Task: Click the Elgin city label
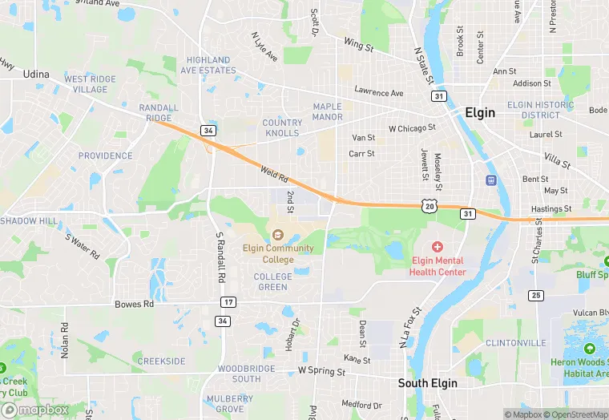pos(480,113)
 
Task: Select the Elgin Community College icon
pos(278,234)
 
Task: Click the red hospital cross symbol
pos(438,247)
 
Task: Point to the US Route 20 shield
pos(430,207)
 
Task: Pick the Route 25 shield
pos(534,296)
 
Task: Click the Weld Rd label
pos(273,173)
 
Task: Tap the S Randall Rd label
pos(219,257)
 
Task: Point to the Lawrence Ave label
pos(379,93)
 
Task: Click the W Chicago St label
pos(412,127)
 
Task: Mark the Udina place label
pos(35,74)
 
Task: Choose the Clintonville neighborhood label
pos(516,342)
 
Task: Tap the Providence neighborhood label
pos(105,155)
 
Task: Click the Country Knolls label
pos(283,127)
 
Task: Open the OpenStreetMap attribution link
pos(575,414)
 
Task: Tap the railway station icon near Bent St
pos(490,180)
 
